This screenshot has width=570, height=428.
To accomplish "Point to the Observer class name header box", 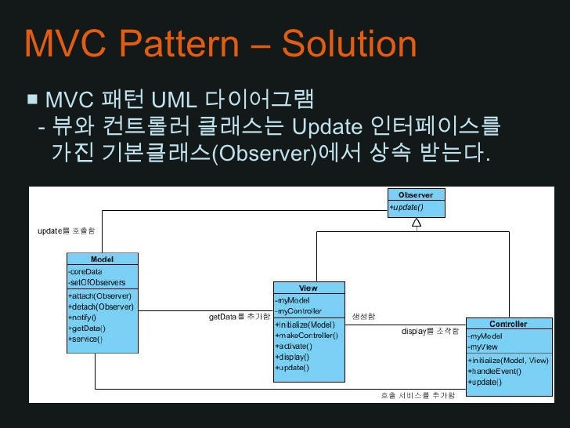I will [x=416, y=194].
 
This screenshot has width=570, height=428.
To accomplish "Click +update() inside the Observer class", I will [x=406, y=207].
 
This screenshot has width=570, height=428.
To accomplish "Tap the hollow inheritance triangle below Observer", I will [x=417, y=223].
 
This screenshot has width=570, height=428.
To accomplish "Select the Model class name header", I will [x=102, y=259].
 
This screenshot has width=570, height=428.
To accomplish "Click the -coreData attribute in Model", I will [x=85, y=271].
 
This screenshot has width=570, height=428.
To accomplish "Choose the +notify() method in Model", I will [x=83, y=317].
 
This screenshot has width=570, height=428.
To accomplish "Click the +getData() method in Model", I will [x=87, y=328].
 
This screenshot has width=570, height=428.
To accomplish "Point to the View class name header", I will [x=308, y=288].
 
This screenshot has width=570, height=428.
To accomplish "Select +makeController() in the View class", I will [x=306, y=336].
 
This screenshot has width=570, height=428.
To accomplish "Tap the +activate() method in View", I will [x=294, y=346].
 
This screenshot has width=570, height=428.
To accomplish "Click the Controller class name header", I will [x=508, y=324].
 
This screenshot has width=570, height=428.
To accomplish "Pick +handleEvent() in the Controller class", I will [x=495, y=371].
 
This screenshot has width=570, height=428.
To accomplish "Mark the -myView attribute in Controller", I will [x=484, y=346].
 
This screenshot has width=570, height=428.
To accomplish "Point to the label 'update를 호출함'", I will [x=67, y=231].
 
